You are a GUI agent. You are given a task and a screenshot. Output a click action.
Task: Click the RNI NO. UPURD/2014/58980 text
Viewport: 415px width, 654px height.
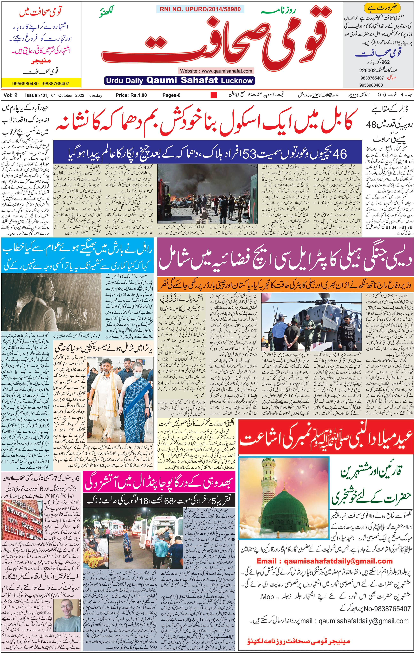point(200,9)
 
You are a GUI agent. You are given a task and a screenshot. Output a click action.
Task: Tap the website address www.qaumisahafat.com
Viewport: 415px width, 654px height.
point(216,71)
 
